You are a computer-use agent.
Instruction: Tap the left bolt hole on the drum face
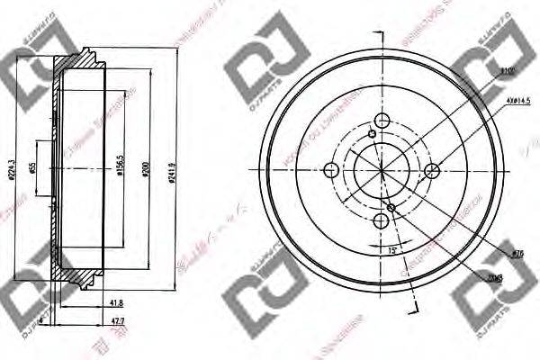pyautogui.click(x=331, y=171)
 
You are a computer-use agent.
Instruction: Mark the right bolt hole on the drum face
pyautogui.click(x=432, y=171)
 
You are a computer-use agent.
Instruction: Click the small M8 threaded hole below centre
pyautogui.click(x=391, y=209)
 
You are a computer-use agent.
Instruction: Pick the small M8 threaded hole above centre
pyautogui.click(x=372, y=135)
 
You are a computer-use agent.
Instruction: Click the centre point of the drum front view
pyautogui.click(x=382, y=171)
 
